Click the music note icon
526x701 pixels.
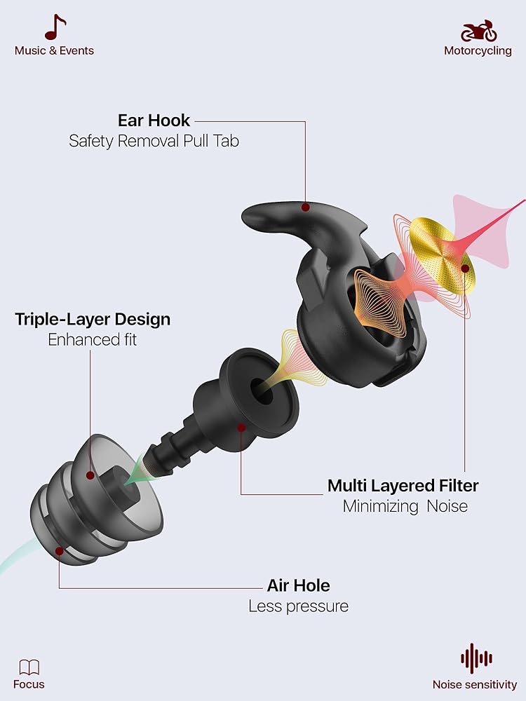coord(55,27)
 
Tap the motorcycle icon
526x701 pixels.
coord(478,30)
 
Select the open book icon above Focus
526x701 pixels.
coord(29,667)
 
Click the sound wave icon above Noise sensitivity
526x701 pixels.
coord(476,659)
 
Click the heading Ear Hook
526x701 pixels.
coord(154,120)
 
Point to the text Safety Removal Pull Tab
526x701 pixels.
coord(154,141)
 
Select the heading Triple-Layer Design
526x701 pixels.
coord(93,320)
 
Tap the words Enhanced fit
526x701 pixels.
coord(93,340)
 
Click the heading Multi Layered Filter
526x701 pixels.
coord(403,485)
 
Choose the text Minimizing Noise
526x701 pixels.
coord(405,506)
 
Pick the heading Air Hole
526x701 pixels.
coord(298,585)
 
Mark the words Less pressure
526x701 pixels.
coord(298,606)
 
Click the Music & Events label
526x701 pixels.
coord(54,50)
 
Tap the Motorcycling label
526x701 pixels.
coord(478,50)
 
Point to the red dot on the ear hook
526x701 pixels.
coord(305,207)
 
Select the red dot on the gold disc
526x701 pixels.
coord(465,268)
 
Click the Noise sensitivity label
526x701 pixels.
coord(475,685)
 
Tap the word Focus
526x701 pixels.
coord(29,685)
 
